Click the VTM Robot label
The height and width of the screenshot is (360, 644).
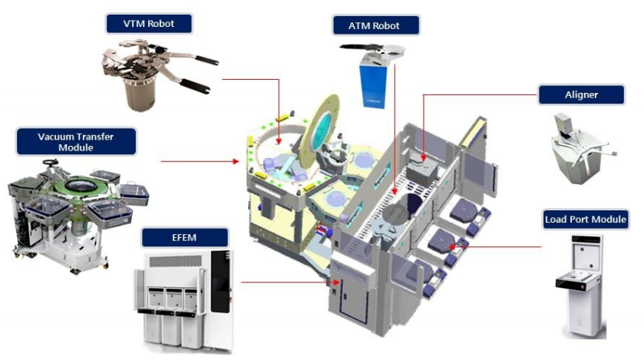[148, 24]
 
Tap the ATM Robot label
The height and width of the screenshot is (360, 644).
[376, 26]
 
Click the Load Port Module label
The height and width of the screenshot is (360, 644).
[586, 219]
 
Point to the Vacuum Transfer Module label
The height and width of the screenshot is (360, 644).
[76, 141]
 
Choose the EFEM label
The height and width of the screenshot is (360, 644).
[186, 238]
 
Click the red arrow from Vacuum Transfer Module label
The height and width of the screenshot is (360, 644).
[200, 162]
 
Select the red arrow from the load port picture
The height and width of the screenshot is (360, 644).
[499, 246]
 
